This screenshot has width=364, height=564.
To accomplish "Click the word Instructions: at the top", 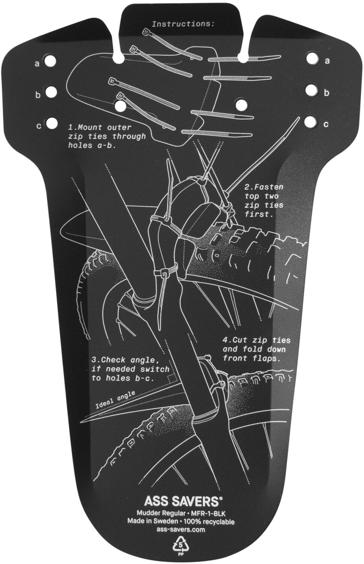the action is (x=183, y=24).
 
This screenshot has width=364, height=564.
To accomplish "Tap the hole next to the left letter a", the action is (x=50, y=61).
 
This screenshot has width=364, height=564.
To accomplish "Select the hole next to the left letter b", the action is (x=50, y=92).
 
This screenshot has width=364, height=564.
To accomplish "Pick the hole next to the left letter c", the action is (x=51, y=123).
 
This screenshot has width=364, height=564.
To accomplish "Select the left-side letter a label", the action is (x=37, y=64).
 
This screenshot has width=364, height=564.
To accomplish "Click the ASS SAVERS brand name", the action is (x=182, y=501).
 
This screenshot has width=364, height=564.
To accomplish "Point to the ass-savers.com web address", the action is (x=181, y=529).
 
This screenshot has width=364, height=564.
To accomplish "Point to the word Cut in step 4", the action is (x=240, y=340).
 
